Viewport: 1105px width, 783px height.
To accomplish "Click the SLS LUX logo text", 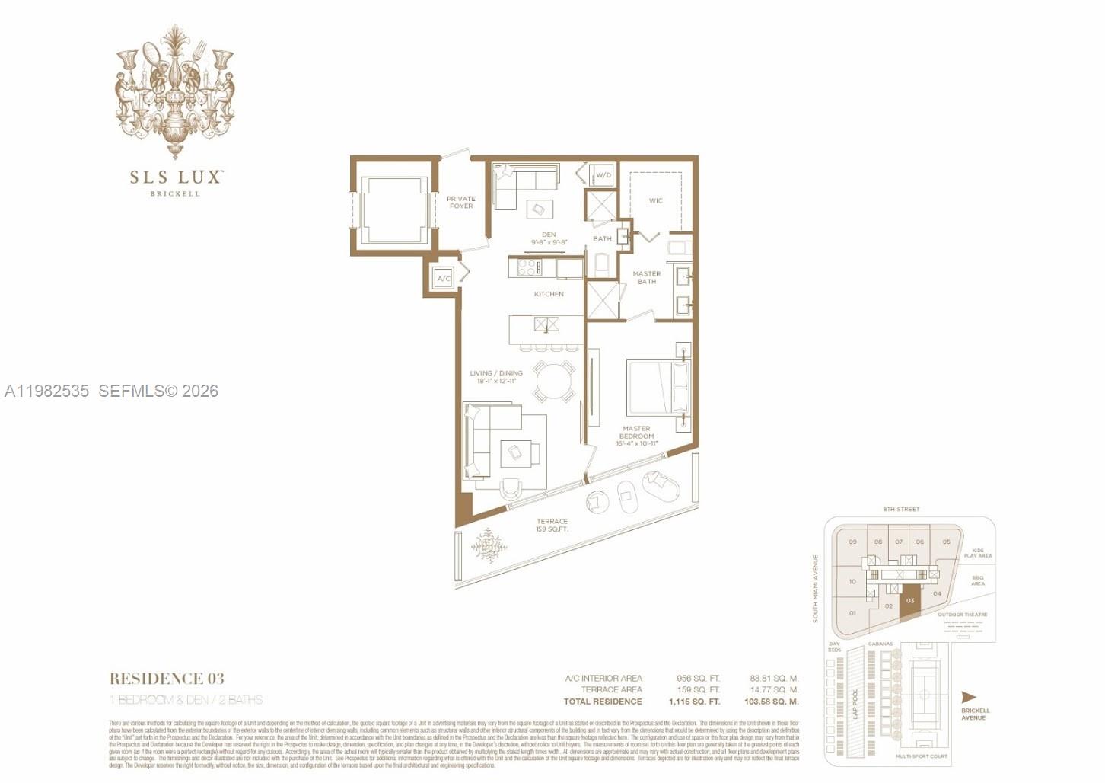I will [175, 177].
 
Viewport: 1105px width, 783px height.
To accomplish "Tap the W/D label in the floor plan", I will [603, 175].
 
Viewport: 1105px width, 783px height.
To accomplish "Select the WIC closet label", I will [655, 201].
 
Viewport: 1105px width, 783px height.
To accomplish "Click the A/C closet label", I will [444, 279].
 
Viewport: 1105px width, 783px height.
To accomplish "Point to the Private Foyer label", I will [460, 203].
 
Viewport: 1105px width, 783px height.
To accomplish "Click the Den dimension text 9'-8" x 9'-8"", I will [549, 242].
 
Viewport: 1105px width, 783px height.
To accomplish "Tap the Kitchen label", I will [549, 294].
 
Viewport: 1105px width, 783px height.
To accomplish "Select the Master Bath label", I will [646, 277].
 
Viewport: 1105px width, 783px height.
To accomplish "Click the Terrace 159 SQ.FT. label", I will [552, 526].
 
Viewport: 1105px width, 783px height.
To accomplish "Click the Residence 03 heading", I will [167, 679].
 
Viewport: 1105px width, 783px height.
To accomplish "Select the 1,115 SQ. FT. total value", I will [693, 702].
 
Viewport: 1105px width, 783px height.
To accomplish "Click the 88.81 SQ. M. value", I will [773, 678].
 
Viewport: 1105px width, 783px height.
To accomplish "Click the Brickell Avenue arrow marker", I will [969, 697].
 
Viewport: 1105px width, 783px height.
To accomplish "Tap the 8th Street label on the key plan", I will [901, 509].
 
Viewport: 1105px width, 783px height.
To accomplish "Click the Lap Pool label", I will [855, 703].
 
